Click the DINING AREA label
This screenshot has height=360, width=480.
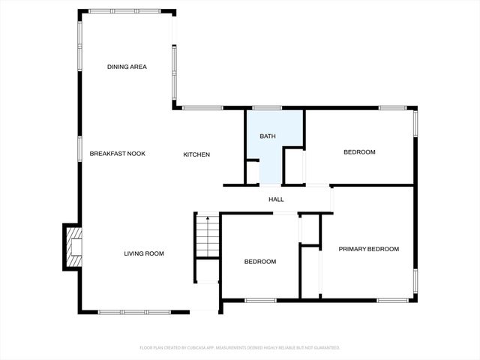point(127,67)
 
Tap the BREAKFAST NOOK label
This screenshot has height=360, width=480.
point(117,154)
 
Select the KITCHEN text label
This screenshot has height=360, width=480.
point(196,154)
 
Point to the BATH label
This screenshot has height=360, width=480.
point(268,136)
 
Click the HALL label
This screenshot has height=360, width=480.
point(276,199)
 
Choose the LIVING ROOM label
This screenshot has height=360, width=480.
point(144,253)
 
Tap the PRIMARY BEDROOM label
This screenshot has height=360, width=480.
point(368,249)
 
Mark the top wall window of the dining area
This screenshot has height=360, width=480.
point(112,11)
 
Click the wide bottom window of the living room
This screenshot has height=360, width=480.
point(124,311)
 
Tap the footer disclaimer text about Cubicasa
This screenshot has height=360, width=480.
point(240,347)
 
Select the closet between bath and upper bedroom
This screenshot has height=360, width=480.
point(294,166)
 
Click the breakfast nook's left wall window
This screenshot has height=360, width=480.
point(79,148)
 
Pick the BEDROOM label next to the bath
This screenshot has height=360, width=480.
point(359,152)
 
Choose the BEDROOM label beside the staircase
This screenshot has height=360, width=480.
point(260,262)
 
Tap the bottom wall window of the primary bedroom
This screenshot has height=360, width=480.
point(392,301)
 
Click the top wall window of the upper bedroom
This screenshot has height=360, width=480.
point(392,108)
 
